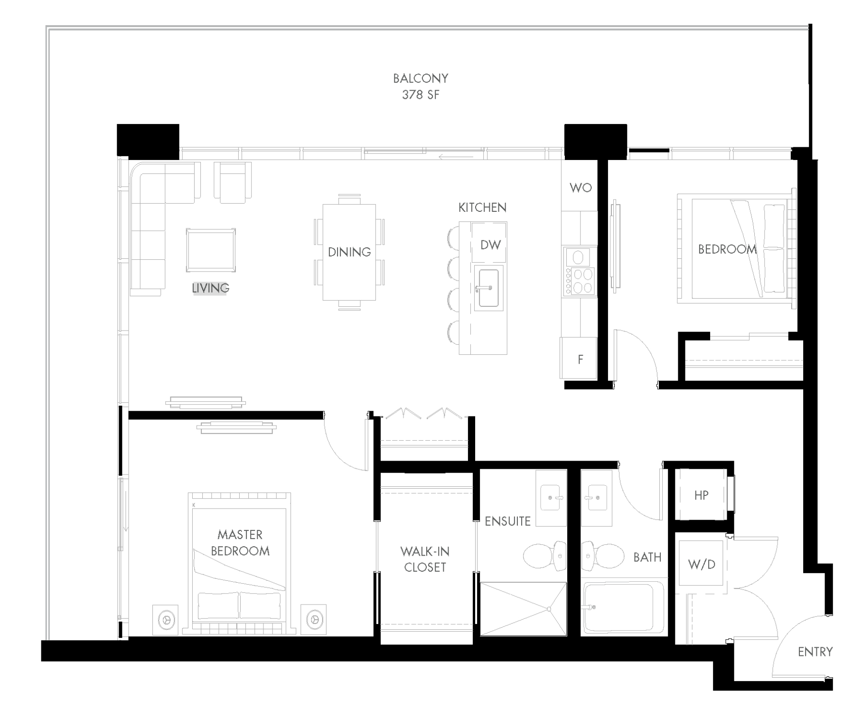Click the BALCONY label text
[420, 78]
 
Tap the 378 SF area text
[420, 95]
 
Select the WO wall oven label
[580, 188]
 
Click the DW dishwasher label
[490, 245]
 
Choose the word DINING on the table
[349, 252]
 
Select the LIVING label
[210, 288]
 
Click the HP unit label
[701, 495]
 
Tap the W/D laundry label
[701, 564]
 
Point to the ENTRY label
[815, 652]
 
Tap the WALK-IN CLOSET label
[425, 559]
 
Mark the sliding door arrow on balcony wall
[456, 157]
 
